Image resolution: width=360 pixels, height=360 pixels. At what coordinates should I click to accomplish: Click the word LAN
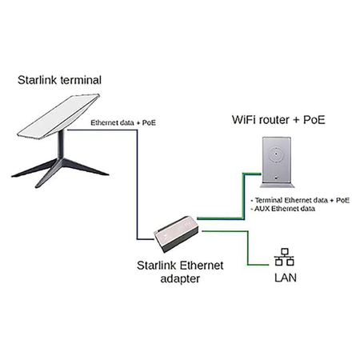[285, 278]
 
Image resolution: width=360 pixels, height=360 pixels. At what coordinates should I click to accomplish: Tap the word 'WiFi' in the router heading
[242, 121]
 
